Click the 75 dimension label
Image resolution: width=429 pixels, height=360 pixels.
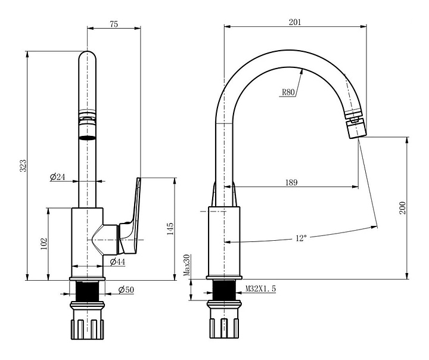114,24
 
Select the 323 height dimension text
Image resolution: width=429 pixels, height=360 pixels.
23,166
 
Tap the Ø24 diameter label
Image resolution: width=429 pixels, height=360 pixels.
58,177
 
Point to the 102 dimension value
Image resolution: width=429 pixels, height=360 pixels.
43,244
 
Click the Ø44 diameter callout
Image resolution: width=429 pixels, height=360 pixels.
117,262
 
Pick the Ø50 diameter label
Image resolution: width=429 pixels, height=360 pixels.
126,289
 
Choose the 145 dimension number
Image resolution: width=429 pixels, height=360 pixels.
170,229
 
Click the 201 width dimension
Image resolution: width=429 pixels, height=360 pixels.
295,22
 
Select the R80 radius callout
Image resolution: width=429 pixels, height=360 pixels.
288,92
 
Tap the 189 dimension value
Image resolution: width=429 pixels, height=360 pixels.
291,182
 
